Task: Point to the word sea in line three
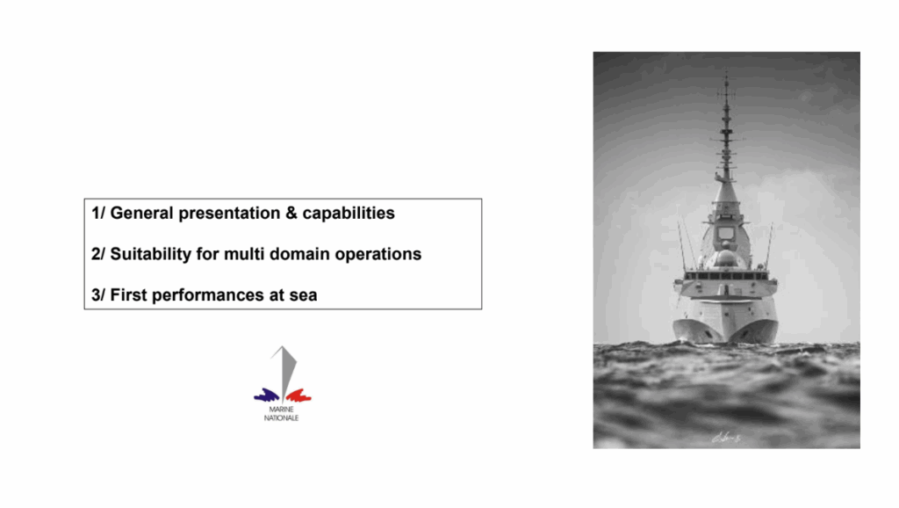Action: pyautogui.click(x=303, y=296)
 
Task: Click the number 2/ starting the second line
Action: pyautogui.click(x=98, y=254)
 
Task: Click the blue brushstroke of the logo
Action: pyautogui.click(x=267, y=395)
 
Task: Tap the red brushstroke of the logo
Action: pyautogui.click(x=298, y=396)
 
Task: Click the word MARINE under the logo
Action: pyautogui.click(x=282, y=410)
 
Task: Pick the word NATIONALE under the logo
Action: pyautogui.click(x=282, y=417)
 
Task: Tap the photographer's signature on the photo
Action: pyautogui.click(x=726, y=438)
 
